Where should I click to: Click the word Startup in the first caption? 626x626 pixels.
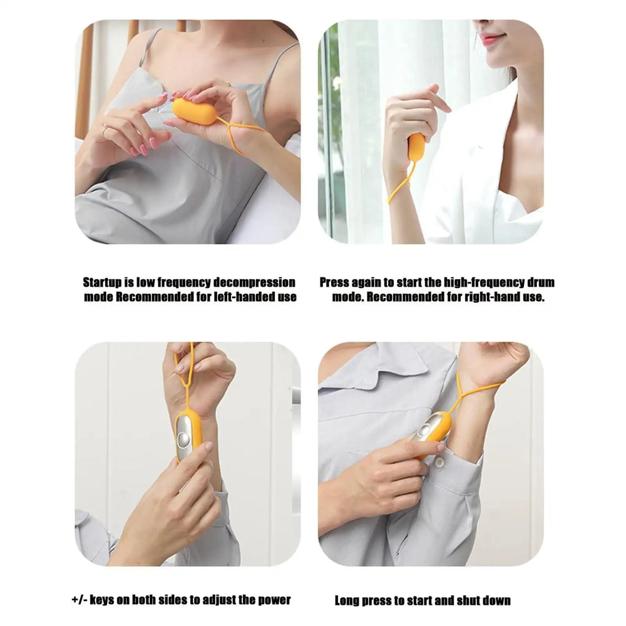103,283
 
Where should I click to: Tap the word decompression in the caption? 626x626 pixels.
256,283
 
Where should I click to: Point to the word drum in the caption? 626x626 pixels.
540,283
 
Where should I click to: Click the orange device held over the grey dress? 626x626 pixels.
194,111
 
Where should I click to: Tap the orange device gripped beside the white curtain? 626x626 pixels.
416,147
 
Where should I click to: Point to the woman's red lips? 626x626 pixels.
493,39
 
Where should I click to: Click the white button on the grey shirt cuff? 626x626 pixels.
439,463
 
